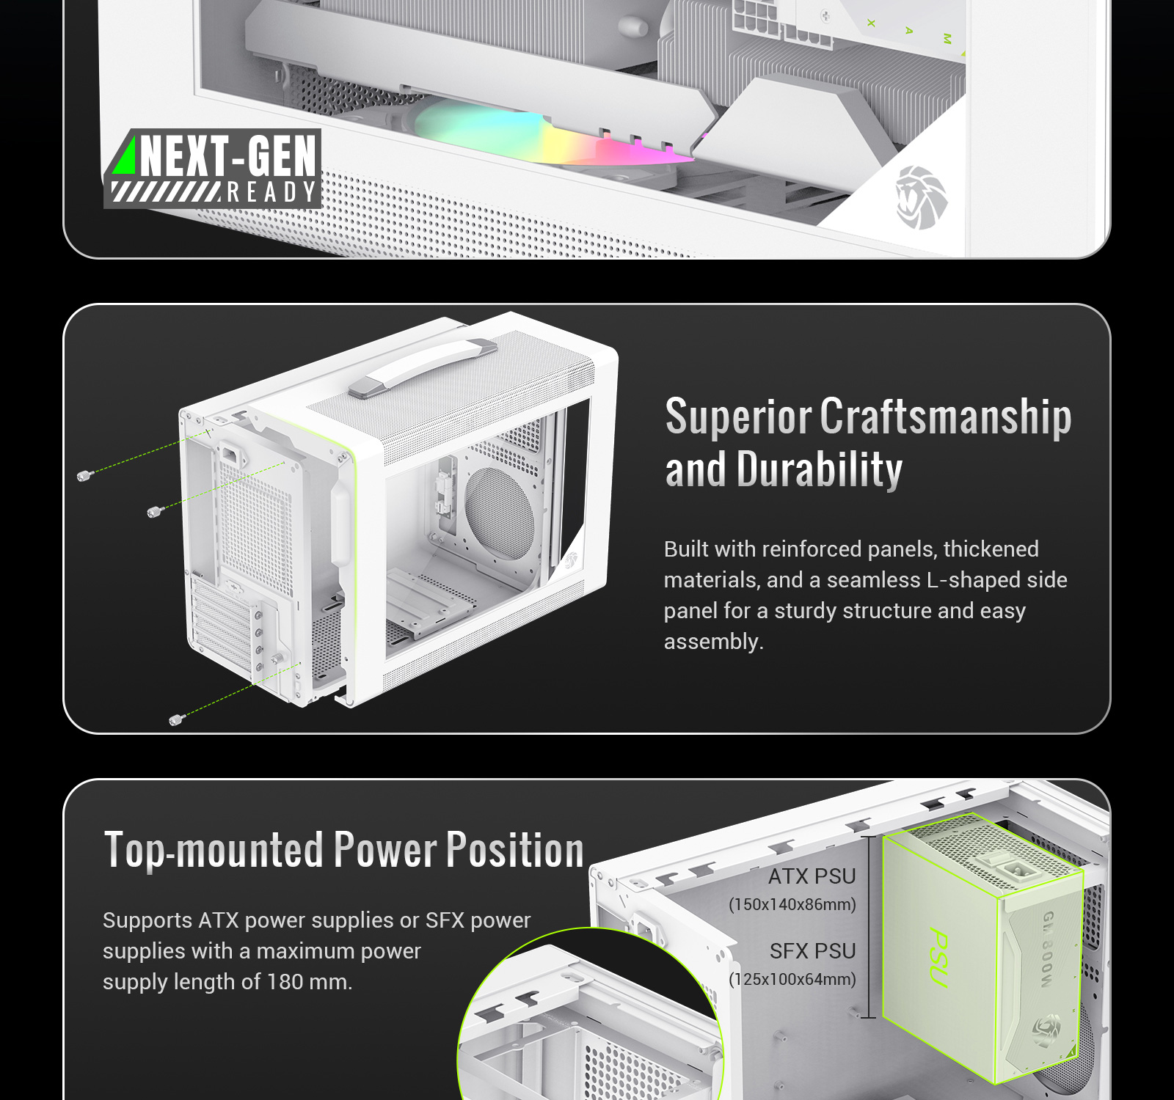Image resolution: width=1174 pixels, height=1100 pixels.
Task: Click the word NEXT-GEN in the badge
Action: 228,155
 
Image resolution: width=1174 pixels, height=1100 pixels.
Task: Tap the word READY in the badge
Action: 271,192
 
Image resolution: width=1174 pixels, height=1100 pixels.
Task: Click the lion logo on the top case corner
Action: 921,197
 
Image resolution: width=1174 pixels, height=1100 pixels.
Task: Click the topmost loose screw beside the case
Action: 84,475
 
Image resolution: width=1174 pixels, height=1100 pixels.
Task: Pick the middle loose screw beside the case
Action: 154,511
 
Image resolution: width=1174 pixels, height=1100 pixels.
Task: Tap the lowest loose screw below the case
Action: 176,719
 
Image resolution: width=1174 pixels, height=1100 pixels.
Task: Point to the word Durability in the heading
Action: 819,470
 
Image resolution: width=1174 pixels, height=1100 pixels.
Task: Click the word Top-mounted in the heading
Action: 214,850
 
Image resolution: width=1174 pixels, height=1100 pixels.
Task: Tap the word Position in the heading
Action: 515,850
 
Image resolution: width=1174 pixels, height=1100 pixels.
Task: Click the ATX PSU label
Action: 812,876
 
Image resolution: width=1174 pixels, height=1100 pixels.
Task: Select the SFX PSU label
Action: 813,951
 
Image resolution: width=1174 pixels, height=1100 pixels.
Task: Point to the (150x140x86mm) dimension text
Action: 792,904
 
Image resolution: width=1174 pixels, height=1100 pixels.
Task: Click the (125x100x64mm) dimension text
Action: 792,979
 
